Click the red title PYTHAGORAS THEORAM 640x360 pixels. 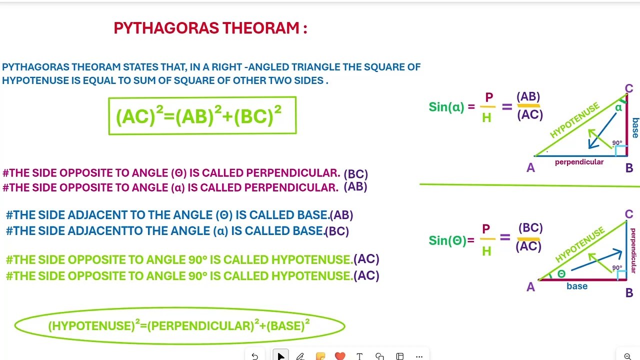click(x=210, y=28)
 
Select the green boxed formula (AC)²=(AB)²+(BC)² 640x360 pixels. click(x=202, y=116)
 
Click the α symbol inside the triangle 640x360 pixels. click(x=618, y=107)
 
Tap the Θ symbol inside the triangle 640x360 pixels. click(x=561, y=274)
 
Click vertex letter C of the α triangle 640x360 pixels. click(x=628, y=89)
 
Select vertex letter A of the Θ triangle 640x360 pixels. click(x=530, y=287)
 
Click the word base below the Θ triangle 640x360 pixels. click(x=577, y=286)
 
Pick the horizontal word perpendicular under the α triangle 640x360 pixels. click(x=579, y=162)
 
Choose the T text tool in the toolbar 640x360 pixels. click(x=359, y=356)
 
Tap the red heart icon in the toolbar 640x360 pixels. click(x=340, y=356)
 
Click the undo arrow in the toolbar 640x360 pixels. click(x=254, y=356)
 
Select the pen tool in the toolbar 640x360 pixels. click(x=300, y=356)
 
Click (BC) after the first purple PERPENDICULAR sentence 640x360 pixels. click(x=355, y=174)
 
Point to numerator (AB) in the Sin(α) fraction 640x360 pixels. click(x=528, y=96)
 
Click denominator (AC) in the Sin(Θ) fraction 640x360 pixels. click(x=528, y=246)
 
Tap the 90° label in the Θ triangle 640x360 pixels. click(x=617, y=268)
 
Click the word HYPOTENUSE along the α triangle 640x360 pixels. click(x=574, y=120)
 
